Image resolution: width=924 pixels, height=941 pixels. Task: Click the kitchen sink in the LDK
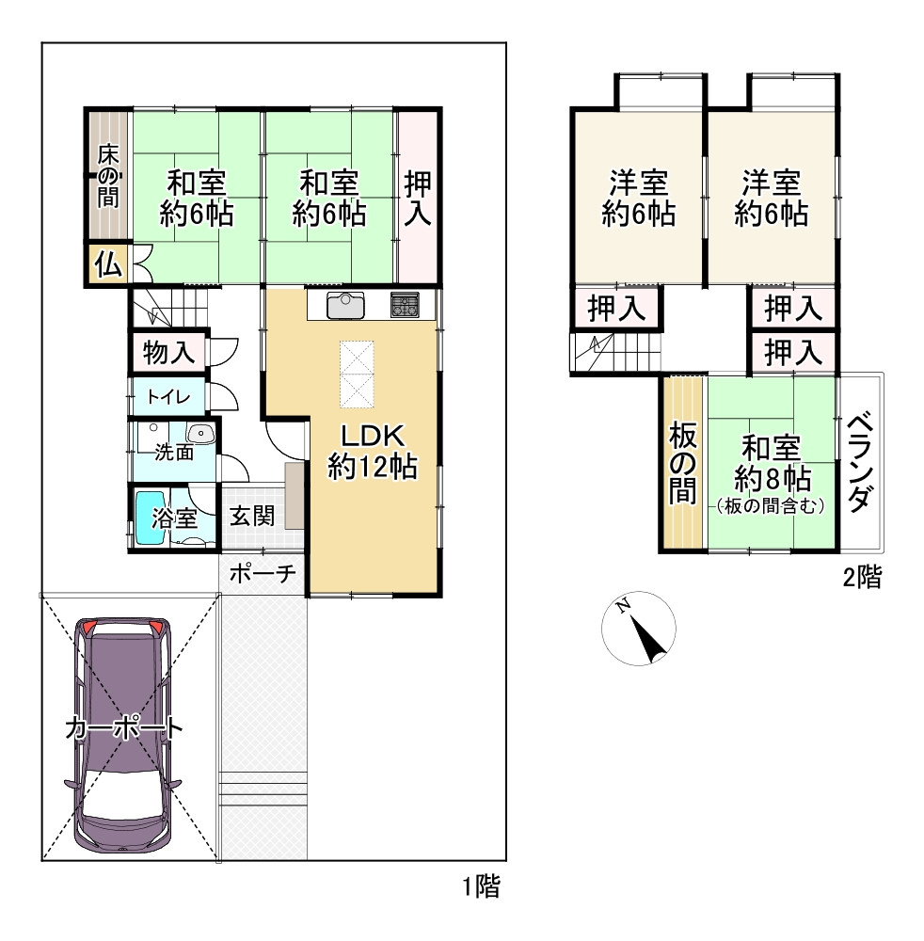[345, 305]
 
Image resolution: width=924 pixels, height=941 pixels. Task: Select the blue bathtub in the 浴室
[150, 518]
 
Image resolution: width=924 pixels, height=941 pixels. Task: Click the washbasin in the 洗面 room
[200, 433]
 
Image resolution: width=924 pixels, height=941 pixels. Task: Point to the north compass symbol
[638, 629]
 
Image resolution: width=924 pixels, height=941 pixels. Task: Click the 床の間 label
[108, 176]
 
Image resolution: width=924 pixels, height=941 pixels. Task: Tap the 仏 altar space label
[108, 263]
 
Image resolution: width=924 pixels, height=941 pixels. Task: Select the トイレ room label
[168, 397]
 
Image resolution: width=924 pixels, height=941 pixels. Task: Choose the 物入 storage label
[168, 352]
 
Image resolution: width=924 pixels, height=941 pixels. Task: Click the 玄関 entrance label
[252, 516]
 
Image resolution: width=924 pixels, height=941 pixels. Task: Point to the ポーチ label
[263, 573]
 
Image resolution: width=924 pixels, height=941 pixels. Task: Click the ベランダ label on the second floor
[860, 461]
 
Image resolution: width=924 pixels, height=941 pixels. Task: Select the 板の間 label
[683, 463]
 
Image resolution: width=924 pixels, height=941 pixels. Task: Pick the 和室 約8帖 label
[772, 463]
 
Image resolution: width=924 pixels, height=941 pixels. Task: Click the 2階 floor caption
[862, 577]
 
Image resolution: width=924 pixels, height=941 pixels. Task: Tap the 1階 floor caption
[481, 886]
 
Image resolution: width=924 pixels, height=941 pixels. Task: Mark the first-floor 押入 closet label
[418, 199]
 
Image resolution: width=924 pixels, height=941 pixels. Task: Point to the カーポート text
[123, 728]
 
